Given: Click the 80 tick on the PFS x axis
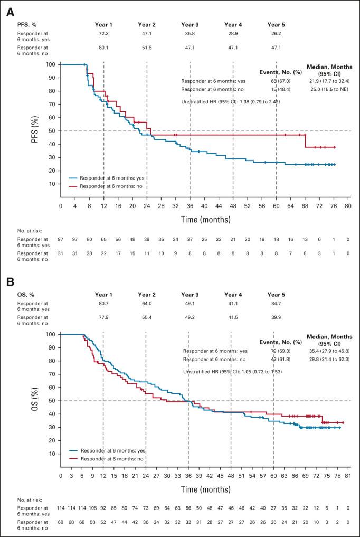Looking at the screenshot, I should (x=348, y=205).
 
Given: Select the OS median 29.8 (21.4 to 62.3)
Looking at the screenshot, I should (x=329, y=359).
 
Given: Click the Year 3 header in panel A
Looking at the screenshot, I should (x=190, y=24).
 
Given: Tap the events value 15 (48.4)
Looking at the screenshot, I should (x=274, y=90).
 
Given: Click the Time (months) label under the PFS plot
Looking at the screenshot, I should (x=204, y=218).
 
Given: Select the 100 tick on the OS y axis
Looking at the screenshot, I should (x=52, y=334).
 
